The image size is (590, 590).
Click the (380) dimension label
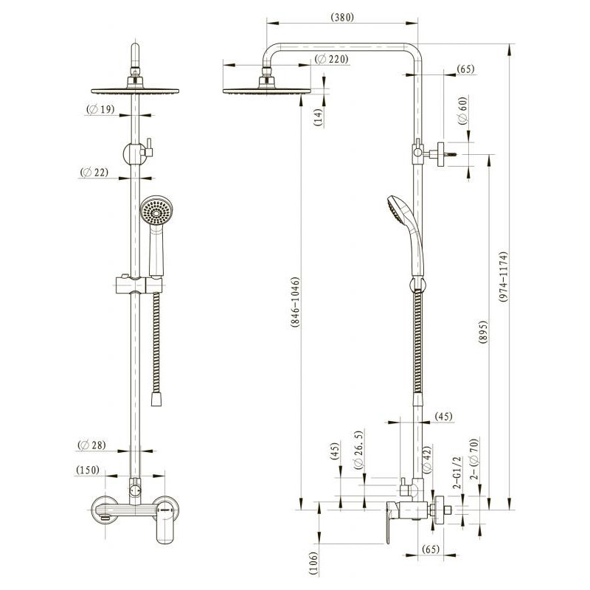coord(342,18)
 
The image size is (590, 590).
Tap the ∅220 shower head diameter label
coord(331,59)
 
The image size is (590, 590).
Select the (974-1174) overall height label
coord(504,277)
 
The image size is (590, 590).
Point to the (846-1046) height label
coord(296,302)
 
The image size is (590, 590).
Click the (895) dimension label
coord(483,332)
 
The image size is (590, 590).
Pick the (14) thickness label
coord(319,117)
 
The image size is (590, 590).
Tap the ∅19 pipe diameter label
coord(100,109)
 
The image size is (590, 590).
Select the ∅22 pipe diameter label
coord(94,173)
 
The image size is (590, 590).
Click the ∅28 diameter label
coord(91,445)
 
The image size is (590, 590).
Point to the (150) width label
coord(88,470)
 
